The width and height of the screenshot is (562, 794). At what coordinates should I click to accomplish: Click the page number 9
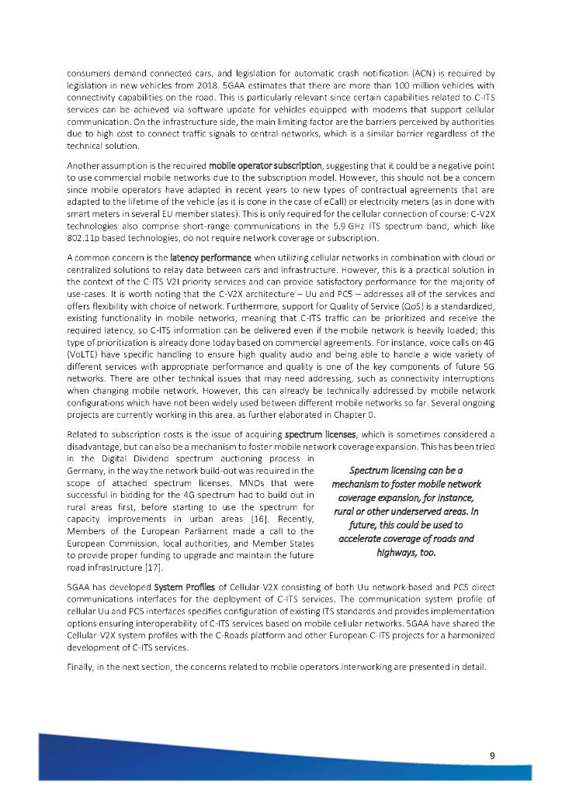pos(492,755)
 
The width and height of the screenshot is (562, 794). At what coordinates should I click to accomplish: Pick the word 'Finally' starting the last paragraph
pos(81,670)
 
